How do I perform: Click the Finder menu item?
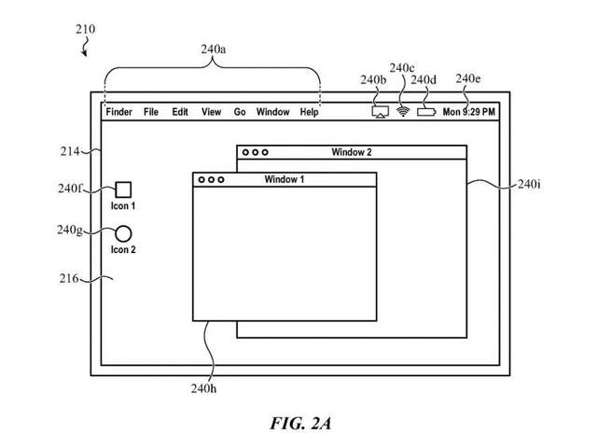coord(118,112)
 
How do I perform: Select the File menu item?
coord(151,112)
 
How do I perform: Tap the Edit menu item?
coord(180,112)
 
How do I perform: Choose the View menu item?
coord(211,112)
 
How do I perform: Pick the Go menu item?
coord(240,112)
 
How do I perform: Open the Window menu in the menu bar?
coord(273,112)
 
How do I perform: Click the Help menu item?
coord(310,112)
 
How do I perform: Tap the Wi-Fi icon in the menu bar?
coord(404,111)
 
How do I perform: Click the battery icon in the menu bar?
coord(426,112)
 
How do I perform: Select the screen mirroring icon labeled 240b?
coord(380,112)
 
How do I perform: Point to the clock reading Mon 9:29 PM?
coord(468,112)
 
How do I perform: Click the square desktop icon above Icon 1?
coord(123,189)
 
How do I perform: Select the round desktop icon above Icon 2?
coord(123,233)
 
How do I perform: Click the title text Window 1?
coord(285,179)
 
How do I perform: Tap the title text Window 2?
coord(352,151)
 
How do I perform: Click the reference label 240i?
coord(528,184)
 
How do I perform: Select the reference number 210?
coord(84,29)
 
